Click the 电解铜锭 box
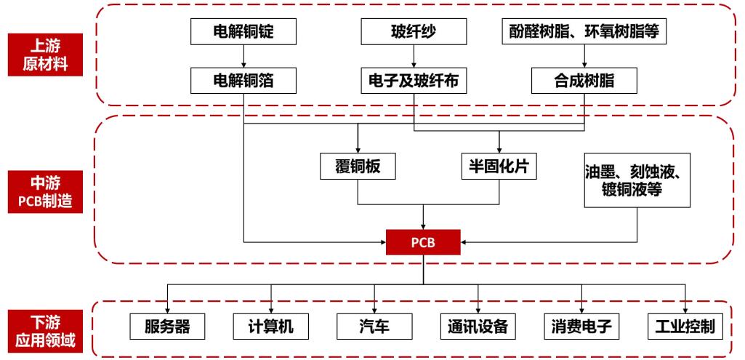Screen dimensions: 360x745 244,32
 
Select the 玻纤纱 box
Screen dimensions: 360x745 414,32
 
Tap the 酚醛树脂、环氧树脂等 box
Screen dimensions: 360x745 584,32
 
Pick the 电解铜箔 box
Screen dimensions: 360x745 244,80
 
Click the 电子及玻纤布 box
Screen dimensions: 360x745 414,80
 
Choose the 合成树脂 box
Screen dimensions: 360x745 584,80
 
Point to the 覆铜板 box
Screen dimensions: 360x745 358,167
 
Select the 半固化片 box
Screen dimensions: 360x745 499,167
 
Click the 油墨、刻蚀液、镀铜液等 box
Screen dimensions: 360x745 637,181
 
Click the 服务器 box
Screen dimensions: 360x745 168,325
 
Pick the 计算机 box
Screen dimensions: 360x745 271,325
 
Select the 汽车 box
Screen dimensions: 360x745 374,325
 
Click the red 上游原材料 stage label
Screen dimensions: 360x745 46,55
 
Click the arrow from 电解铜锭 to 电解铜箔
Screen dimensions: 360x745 244,55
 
